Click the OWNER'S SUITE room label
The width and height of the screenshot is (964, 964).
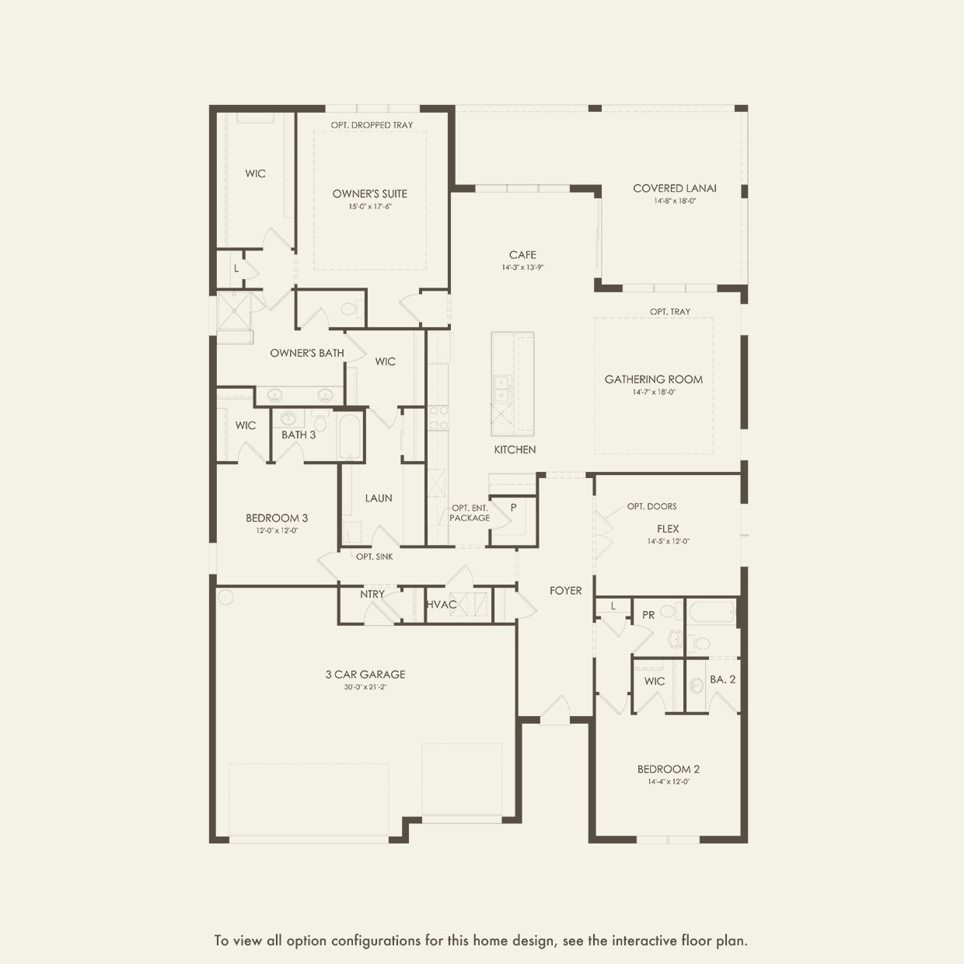point(369,194)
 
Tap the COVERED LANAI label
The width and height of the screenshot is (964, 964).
point(674,188)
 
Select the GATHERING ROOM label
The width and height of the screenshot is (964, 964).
point(653,379)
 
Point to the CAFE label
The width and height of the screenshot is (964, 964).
point(522,255)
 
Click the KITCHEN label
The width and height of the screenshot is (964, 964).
point(515,449)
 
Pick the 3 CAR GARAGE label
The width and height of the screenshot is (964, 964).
point(365,674)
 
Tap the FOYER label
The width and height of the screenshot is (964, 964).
point(565,591)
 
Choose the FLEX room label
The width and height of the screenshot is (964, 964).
point(668,529)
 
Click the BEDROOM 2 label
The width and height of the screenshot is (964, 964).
point(668,769)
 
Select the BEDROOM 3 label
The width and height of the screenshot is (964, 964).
point(277,518)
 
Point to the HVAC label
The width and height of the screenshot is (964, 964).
point(442,605)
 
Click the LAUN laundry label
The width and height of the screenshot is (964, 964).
point(379,498)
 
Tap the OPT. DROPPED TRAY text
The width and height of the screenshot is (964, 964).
point(372,125)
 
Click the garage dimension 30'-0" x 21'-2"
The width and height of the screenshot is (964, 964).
point(365,687)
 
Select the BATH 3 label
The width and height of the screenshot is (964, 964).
point(299,435)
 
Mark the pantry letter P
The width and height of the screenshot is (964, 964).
point(513,508)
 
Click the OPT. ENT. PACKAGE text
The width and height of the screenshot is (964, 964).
point(470,513)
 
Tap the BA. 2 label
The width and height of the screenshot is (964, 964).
point(722,679)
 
